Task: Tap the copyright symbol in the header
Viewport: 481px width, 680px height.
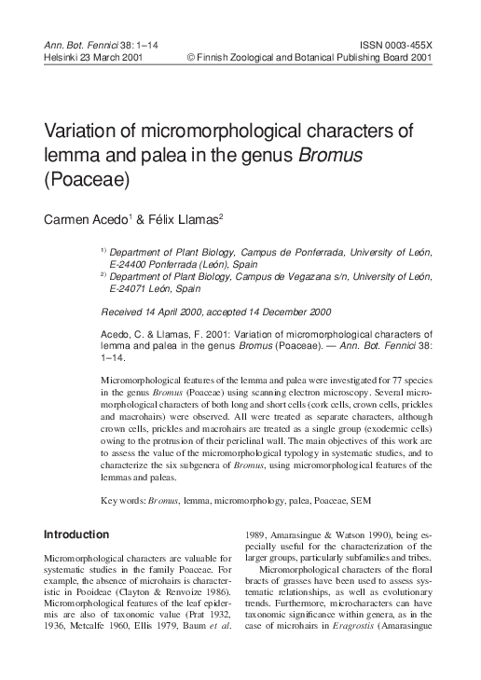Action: [192, 55]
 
